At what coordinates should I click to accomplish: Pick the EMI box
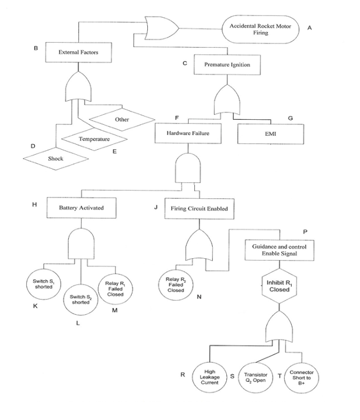click(270, 134)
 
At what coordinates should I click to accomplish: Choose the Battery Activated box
click(81, 208)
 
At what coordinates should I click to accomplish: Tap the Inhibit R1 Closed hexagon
click(280, 284)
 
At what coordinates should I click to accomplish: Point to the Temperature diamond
click(94, 138)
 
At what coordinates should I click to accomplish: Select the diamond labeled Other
click(122, 119)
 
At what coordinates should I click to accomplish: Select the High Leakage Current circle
click(210, 377)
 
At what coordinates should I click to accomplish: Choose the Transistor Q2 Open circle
click(255, 377)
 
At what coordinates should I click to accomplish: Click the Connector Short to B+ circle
click(301, 377)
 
